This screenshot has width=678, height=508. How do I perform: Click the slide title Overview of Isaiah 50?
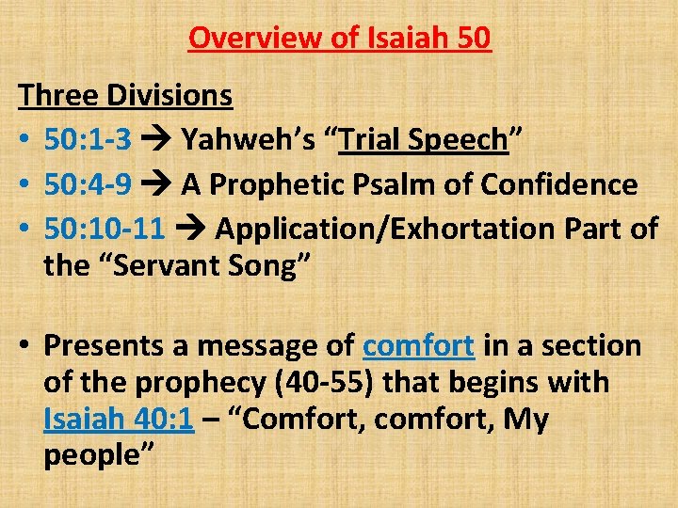coord(339,39)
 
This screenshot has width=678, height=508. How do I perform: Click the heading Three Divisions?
coord(125,95)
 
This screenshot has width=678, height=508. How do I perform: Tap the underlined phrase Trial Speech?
coord(424,140)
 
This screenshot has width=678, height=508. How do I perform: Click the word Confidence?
coord(558,185)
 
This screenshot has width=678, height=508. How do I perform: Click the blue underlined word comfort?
coord(418,346)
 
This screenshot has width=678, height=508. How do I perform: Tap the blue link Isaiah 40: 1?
coord(119,419)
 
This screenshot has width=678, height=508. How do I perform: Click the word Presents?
coord(105,346)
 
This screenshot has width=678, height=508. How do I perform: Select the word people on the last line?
coord(91,455)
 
